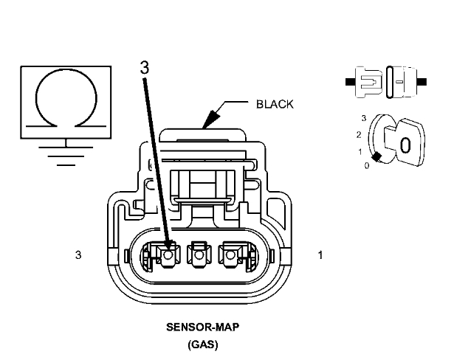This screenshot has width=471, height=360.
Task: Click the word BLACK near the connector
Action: point(275,104)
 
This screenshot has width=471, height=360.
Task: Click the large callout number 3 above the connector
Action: point(144,66)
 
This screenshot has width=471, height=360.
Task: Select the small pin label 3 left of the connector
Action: point(78,255)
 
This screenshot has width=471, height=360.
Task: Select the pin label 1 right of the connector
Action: point(320,255)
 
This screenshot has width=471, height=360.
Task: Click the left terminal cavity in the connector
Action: point(168,255)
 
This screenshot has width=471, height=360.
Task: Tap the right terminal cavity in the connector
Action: point(233,255)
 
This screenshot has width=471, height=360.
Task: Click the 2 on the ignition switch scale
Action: point(358,134)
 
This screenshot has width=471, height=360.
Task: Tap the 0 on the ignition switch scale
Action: point(367,165)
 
